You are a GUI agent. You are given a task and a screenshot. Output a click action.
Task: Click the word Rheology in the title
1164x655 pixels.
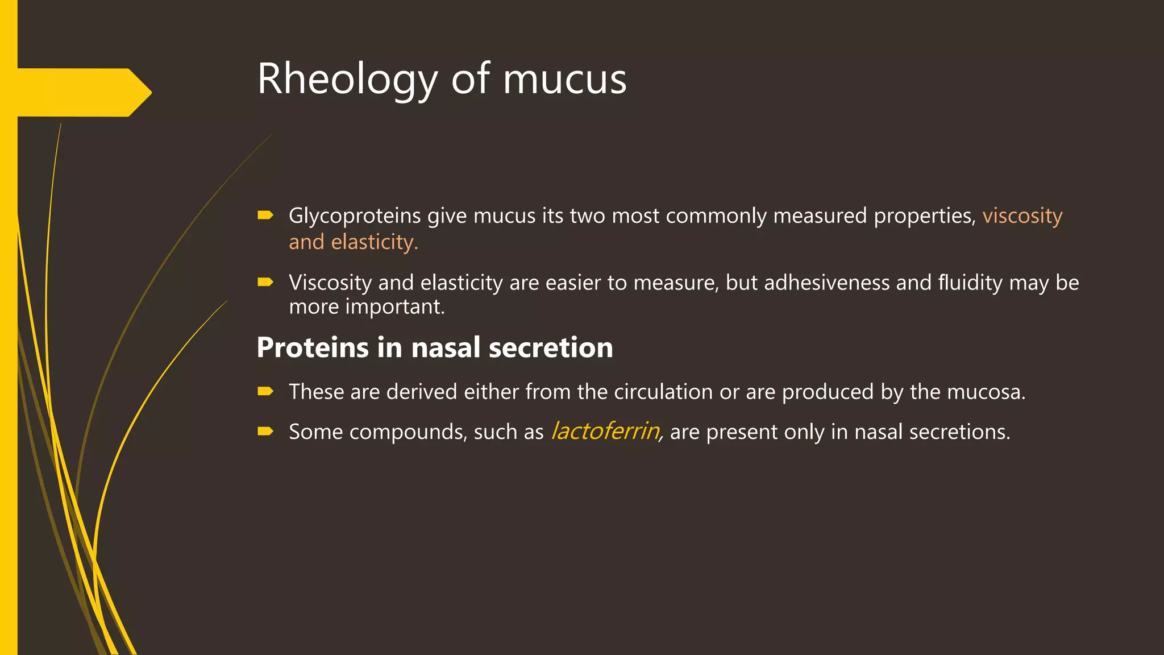347,80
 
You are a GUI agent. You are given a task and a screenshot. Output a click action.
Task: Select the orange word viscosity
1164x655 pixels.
1022,216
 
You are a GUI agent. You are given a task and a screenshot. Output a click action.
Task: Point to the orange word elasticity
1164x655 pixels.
375,242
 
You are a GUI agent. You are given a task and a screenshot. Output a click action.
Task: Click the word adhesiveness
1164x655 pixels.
826,283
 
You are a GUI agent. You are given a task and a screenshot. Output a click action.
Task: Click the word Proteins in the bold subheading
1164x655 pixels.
313,347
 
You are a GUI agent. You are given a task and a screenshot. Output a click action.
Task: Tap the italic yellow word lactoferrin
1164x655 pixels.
605,432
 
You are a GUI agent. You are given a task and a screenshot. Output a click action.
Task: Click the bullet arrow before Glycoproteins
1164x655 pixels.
265,215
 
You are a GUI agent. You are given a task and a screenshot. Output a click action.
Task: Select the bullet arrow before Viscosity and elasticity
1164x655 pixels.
265,281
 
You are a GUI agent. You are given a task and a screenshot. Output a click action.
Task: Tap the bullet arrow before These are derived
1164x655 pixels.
265,391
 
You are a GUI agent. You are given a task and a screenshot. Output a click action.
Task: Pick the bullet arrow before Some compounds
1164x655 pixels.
265,431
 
